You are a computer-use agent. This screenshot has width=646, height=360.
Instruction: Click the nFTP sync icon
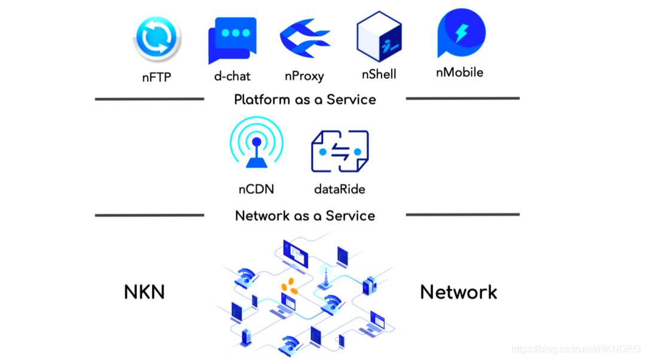click(157, 39)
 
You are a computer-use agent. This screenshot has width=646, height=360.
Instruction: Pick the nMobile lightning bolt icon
click(461, 33)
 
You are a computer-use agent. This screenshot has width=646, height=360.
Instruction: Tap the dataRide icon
click(339, 152)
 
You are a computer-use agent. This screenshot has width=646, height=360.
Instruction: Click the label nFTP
click(157, 77)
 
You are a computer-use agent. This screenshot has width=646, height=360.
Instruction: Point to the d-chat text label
click(232, 77)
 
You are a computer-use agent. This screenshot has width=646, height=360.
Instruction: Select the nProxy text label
click(304, 77)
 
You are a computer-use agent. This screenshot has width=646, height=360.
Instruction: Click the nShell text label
click(379, 75)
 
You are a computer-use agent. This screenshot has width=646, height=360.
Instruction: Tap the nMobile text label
click(459, 73)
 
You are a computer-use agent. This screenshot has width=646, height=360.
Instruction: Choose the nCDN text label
click(256, 190)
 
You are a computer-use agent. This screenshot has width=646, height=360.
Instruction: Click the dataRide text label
click(339, 190)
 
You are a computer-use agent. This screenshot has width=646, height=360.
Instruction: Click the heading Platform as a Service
click(305, 100)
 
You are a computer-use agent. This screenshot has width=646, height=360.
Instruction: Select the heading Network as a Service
click(305, 216)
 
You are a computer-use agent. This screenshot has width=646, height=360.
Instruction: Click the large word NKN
click(144, 292)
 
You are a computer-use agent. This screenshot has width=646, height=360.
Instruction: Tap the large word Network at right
click(458, 292)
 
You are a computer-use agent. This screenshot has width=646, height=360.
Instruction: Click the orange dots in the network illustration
click(290, 285)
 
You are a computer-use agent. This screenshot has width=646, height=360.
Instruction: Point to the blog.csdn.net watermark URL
click(577, 348)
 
